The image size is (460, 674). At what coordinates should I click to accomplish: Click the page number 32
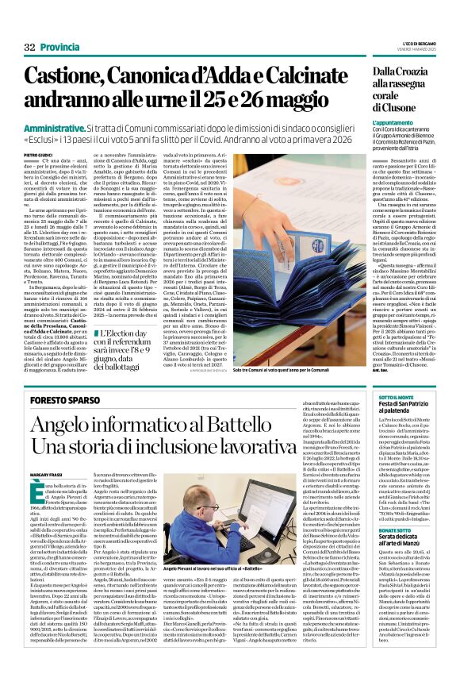pos(30,47)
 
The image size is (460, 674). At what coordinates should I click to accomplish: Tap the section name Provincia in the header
pos(61,47)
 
